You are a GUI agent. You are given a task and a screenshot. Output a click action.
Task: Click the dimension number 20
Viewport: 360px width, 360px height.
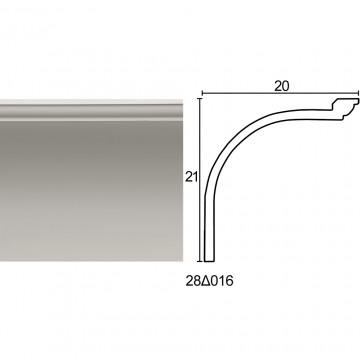[x=282, y=86]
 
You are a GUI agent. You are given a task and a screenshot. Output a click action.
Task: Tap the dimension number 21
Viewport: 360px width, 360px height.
[x=192, y=177]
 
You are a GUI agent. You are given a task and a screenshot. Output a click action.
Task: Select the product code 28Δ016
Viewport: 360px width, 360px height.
[x=210, y=281]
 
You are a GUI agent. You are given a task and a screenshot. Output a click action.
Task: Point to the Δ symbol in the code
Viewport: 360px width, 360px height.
[x=206, y=281]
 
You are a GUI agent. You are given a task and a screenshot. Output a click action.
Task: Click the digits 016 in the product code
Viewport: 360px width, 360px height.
[x=222, y=281]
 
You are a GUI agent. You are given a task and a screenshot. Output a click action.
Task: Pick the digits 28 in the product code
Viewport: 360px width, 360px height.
[x=194, y=281]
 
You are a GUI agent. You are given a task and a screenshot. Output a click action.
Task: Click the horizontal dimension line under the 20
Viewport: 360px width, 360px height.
[x=280, y=93]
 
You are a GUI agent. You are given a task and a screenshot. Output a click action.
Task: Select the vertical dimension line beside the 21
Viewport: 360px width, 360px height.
[x=200, y=180]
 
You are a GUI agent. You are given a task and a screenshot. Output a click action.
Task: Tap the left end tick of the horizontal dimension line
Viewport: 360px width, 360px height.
[x=202, y=93]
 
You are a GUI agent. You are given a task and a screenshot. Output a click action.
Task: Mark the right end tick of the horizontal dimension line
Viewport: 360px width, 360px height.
[x=358, y=93]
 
